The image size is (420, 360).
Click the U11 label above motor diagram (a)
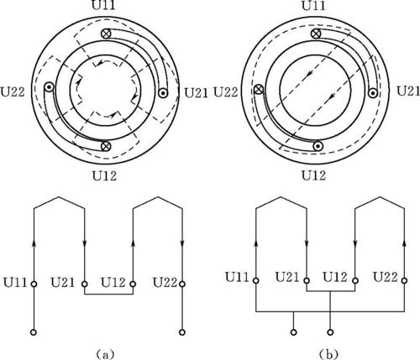[103, 6]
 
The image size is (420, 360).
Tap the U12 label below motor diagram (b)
[313, 175]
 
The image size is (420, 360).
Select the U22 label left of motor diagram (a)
[13, 91]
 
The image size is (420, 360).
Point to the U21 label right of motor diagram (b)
[408, 91]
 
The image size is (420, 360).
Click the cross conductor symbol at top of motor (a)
[106, 34]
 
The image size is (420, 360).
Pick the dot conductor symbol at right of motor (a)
[163, 93]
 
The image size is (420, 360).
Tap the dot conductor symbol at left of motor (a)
[49, 87]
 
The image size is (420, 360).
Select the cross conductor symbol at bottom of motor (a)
[106, 146]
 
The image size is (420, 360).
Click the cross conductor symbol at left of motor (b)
[259, 90]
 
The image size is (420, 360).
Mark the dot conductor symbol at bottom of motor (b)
[318, 146]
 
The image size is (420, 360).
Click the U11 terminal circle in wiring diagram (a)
[34, 284]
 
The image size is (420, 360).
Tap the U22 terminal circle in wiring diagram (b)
[404, 280]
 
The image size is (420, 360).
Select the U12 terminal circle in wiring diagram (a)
[133, 284]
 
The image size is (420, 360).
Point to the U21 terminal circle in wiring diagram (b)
[307, 280]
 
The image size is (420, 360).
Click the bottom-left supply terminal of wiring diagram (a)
[34, 332]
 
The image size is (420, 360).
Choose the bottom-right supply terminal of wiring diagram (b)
[330, 332]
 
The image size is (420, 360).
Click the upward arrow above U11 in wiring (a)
[34, 244]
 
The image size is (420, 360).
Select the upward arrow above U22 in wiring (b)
[404, 243]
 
